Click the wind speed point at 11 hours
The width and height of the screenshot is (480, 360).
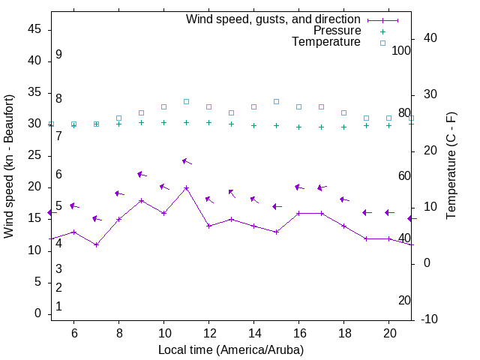pyautogui.click(x=186, y=187)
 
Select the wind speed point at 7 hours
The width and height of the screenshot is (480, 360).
pyautogui.click(x=96, y=244)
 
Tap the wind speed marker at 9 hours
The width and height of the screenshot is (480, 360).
pyautogui.click(x=141, y=200)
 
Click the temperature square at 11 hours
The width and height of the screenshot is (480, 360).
pyautogui.click(x=186, y=101)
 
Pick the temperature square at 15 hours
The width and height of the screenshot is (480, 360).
pyautogui.click(x=276, y=101)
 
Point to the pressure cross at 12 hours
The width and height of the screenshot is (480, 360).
pyautogui.click(x=208, y=123)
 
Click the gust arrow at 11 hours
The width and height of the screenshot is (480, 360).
pyautogui.click(x=187, y=161)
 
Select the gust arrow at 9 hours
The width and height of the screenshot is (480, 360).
pyautogui.click(x=142, y=175)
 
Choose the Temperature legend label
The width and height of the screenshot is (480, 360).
pyautogui.click(x=326, y=43)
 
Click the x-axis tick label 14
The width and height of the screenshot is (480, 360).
pyautogui.click(x=253, y=333)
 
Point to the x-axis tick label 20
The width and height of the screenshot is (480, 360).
pyautogui.click(x=388, y=333)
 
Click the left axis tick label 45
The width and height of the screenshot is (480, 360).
pyautogui.click(x=34, y=28)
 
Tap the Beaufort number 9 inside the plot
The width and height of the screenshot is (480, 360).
pyautogui.click(x=58, y=55)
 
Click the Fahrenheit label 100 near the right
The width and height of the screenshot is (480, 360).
pyautogui.click(x=401, y=51)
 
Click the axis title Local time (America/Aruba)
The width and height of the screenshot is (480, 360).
pyautogui.click(x=231, y=349)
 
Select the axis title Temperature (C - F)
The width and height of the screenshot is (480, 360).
pyautogui.click(x=451, y=166)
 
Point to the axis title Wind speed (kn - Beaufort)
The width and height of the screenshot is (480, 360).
pyautogui.click(x=9, y=166)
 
